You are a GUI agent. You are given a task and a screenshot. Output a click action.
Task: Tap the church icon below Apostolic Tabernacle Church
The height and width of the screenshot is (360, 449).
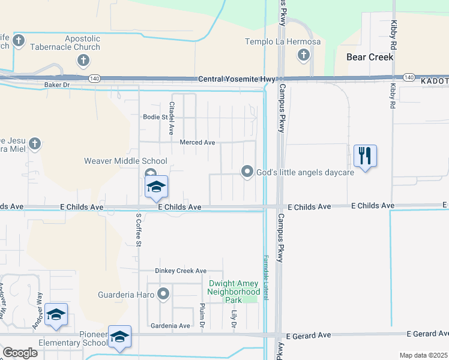click(x=83, y=60)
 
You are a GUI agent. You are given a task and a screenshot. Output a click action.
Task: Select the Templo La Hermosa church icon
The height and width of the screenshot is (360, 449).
click(x=303, y=56)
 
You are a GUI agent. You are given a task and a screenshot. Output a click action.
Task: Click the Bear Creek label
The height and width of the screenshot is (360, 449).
click(x=370, y=57)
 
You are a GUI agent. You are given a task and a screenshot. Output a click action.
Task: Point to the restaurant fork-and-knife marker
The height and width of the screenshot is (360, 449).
click(x=365, y=156)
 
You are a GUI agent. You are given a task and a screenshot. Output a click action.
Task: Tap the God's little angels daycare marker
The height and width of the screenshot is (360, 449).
click(x=247, y=172)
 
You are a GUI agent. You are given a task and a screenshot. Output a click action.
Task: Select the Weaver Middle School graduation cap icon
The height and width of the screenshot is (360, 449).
click(x=156, y=187)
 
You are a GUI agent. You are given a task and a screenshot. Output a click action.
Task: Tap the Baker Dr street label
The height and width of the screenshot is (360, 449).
click(x=58, y=85)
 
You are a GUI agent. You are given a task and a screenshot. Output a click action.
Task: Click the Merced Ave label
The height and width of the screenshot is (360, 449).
click(x=197, y=142)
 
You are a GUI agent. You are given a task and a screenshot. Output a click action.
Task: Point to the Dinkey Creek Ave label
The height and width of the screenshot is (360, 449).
click(x=181, y=271)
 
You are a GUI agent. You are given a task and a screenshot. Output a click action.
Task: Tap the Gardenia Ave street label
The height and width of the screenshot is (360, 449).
click(x=172, y=326)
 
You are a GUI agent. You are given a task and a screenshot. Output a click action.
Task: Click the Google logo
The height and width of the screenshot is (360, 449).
click(x=20, y=353)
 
